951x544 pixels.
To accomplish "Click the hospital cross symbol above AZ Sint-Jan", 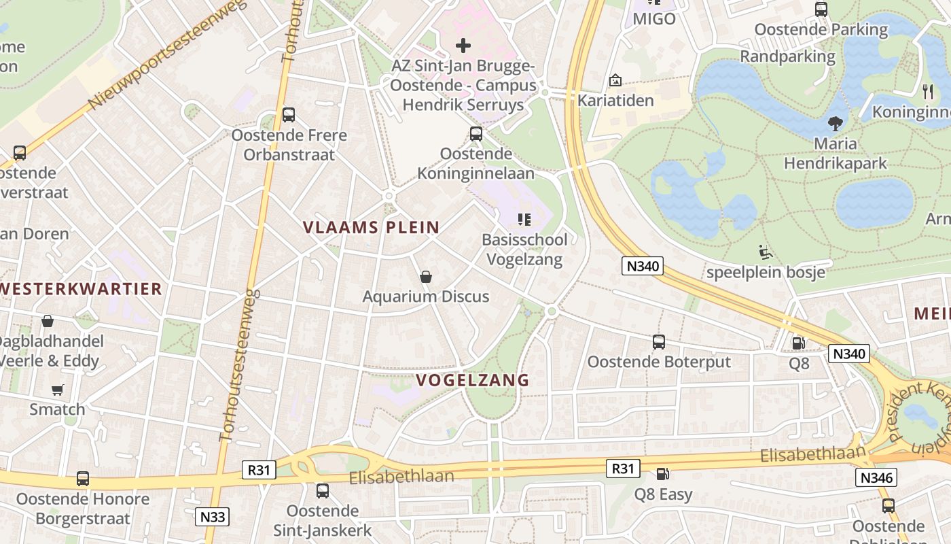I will click(463, 46).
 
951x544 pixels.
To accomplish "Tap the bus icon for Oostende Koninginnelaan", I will click(476, 134).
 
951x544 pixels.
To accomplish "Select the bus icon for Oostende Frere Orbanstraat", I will click(289, 115).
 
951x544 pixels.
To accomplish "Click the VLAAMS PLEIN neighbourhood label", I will click(371, 227).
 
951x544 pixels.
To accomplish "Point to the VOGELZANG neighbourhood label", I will click(472, 380).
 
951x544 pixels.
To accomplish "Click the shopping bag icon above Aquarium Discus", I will click(426, 277).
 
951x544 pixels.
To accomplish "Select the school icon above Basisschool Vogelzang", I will click(524, 220).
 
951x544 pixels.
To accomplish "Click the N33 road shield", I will click(213, 517).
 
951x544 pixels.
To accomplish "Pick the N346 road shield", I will click(876, 477).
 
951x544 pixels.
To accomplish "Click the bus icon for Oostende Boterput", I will click(659, 342).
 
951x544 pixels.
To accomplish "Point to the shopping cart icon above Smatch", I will click(58, 390).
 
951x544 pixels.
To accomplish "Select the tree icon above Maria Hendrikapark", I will click(835, 124).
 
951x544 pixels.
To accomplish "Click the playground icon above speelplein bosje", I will click(766, 253).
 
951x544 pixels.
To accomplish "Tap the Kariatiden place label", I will click(615, 101).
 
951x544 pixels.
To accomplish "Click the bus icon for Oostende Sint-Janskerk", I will click(323, 490).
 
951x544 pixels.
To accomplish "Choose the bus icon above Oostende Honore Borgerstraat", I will click(83, 479).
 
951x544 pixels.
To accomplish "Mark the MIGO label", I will click(654, 19).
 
